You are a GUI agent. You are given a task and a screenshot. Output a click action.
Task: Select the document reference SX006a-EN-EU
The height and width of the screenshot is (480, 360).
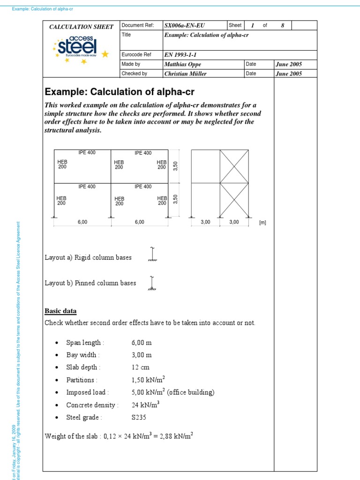184,25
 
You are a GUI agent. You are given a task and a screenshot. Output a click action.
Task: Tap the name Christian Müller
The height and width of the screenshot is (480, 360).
186,74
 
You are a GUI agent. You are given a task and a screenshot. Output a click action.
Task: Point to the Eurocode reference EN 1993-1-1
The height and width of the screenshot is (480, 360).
180,54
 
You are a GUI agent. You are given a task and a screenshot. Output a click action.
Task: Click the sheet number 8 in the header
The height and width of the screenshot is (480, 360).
282,25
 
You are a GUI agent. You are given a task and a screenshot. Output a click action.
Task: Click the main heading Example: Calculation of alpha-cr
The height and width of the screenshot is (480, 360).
119,91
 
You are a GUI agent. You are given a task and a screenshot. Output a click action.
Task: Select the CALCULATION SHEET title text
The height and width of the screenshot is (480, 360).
81,27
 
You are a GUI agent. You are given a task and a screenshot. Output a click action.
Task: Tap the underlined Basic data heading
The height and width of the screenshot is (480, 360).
60,311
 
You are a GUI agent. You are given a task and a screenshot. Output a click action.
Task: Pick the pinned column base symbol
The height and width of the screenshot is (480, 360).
152,284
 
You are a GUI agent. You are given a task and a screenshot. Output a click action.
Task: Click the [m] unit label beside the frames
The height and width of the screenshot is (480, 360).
262,223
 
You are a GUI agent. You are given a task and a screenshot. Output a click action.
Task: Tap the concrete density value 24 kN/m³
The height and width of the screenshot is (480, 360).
145,405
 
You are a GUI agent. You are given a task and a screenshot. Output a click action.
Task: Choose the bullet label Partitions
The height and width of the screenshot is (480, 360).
81,380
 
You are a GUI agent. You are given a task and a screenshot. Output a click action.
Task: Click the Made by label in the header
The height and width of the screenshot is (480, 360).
131,64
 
